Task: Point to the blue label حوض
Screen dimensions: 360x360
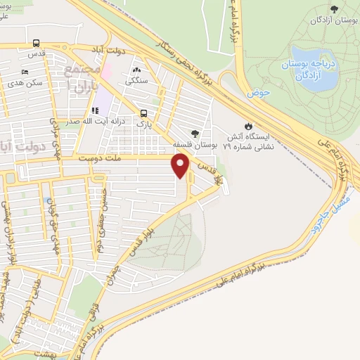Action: (257, 92)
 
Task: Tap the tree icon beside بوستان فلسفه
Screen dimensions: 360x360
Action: (195, 133)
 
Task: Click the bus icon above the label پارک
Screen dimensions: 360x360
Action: (144, 112)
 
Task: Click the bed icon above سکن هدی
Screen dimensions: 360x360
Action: (25, 72)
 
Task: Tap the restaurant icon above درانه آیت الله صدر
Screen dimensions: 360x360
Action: (94, 110)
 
